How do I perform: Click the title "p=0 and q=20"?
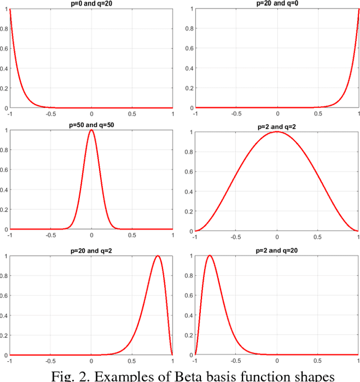[x=91, y=4]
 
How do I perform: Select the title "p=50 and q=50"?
[x=91, y=125]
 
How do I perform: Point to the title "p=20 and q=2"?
[x=91, y=251]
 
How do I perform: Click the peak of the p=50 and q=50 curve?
[x=92, y=131]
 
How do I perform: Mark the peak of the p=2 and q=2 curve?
[x=277, y=132]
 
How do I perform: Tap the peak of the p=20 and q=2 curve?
[x=157, y=256]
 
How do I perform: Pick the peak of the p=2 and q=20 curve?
[x=210, y=255]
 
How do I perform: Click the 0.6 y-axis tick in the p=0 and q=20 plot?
[x=4, y=49]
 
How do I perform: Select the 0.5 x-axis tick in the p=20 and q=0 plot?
[x=318, y=113]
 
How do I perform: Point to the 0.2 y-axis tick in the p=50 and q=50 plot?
[x=4, y=209]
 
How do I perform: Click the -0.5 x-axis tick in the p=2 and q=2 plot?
[x=236, y=237]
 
